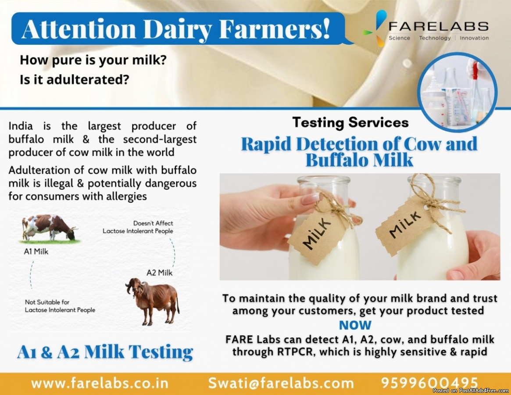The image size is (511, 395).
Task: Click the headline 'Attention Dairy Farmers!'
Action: click(176, 29)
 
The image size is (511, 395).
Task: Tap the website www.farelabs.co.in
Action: click(100, 383)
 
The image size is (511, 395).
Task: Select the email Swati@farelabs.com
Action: click(281, 383)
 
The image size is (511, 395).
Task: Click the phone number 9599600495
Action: click(429, 382)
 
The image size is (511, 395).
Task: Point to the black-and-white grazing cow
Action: click(50, 228)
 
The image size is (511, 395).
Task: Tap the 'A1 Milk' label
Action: click(36, 251)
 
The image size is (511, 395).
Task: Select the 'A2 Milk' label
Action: click(159, 273)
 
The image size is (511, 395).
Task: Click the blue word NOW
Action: click(355, 325)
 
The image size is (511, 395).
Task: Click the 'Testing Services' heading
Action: click(350, 122)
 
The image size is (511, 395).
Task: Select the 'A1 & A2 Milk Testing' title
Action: click(105, 352)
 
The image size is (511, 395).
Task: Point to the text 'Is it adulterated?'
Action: click(75, 79)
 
